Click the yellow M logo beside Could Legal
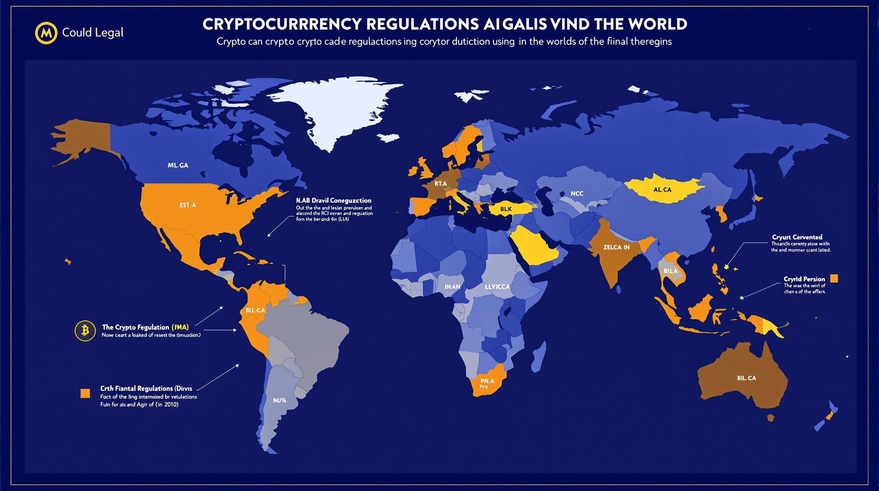click(x=46, y=33)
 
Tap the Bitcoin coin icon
click(x=85, y=330)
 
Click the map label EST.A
click(x=188, y=205)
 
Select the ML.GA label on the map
click(x=178, y=165)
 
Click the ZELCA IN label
click(x=616, y=247)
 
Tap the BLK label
click(x=506, y=209)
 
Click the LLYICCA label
click(x=497, y=287)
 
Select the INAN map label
click(x=453, y=287)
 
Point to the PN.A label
click(x=487, y=381)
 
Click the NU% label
click(x=279, y=401)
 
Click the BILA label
click(x=670, y=271)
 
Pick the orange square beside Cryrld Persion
click(x=834, y=279)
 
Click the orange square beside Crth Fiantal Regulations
click(x=85, y=394)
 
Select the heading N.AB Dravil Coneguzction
click(x=334, y=200)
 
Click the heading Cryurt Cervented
click(x=797, y=237)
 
